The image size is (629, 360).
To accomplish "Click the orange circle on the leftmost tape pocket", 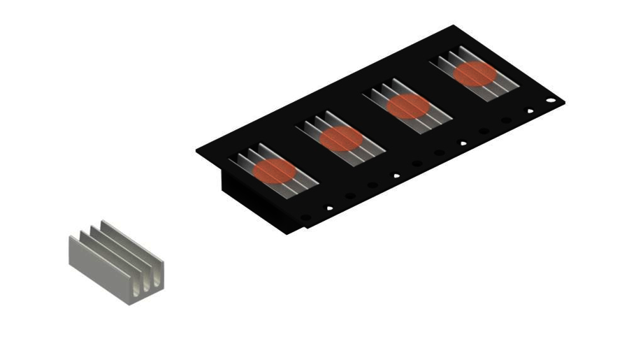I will tap(274, 171).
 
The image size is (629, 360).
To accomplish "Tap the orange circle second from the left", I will tap(340, 138).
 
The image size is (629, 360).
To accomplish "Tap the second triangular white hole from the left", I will tap(396, 175).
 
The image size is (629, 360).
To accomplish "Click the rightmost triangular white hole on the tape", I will tap(529, 110).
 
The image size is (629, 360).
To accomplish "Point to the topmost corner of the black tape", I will tap(454, 26).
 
